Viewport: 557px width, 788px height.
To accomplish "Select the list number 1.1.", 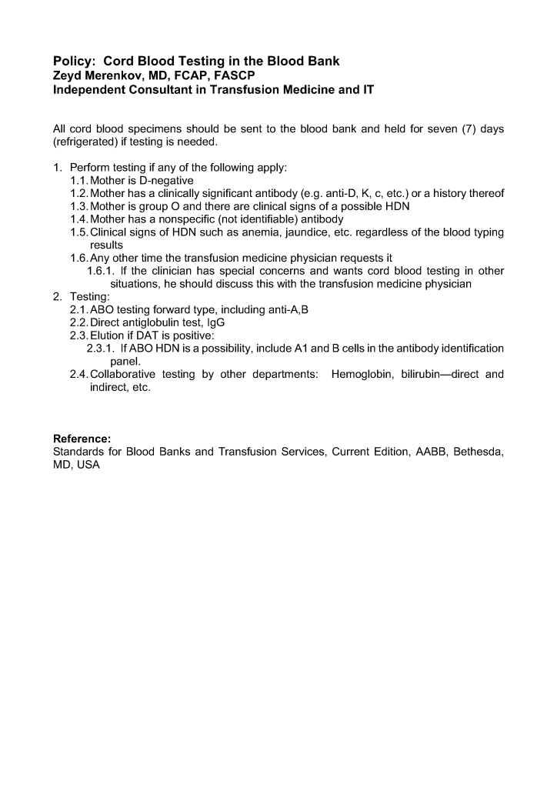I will (x=79, y=180).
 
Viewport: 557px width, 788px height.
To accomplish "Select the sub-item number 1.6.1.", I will (x=102, y=271).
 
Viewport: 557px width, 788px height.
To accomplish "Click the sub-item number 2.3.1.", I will (x=102, y=349).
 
